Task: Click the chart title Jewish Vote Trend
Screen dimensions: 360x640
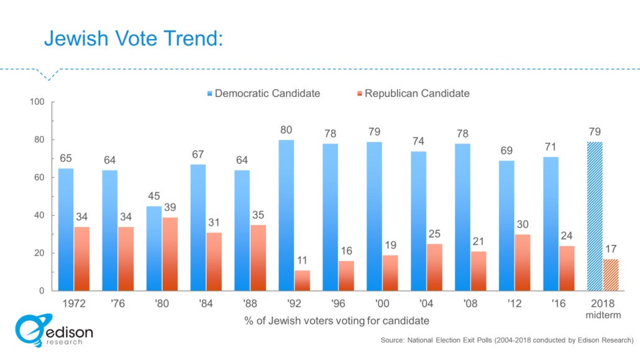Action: click(x=133, y=39)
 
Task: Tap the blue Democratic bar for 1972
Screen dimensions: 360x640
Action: click(x=66, y=229)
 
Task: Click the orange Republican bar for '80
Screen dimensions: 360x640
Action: click(x=170, y=254)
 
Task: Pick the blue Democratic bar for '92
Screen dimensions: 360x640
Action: click(x=286, y=215)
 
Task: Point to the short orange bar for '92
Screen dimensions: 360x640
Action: click(x=302, y=280)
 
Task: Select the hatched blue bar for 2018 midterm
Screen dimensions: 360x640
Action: click(x=595, y=216)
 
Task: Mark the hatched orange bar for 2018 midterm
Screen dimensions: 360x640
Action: click(x=610, y=275)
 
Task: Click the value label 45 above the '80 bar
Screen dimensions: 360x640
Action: click(x=153, y=196)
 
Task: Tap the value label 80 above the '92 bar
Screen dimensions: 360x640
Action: click(x=286, y=131)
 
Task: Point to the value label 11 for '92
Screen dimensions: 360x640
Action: click(x=302, y=261)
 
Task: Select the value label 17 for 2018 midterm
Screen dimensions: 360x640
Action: click(x=610, y=249)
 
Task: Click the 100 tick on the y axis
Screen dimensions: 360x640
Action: click(x=38, y=102)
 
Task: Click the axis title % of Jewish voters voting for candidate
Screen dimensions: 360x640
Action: click(x=336, y=321)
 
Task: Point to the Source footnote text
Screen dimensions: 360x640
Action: click(x=506, y=340)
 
